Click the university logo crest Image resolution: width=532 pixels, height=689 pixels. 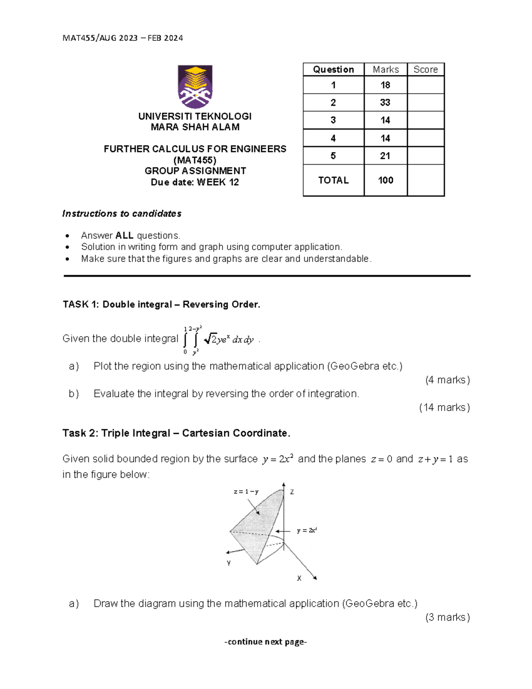(x=195, y=87)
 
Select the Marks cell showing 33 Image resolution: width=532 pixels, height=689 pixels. (x=385, y=102)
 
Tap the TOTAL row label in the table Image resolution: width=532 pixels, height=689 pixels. (x=333, y=180)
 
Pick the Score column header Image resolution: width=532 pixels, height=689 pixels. (x=425, y=70)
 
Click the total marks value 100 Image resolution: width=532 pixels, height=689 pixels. (x=385, y=180)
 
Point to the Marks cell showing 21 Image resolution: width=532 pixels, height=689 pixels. (x=385, y=156)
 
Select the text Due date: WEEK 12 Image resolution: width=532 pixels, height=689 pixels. (x=195, y=182)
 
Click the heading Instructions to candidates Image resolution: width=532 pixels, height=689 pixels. (x=122, y=214)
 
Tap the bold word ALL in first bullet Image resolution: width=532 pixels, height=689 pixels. (x=124, y=236)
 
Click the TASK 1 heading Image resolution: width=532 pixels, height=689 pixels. (x=161, y=304)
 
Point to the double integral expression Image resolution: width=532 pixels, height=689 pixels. (x=218, y=340)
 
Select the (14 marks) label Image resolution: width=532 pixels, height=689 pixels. (x=444, y=407)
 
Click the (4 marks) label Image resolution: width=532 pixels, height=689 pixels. (x=447, y=380)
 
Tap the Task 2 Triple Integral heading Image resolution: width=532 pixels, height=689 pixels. (x=176, y=433)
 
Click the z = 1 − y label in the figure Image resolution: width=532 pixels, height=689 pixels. (x=246, y=492)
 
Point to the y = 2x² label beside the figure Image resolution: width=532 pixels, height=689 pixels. (x=307, y=530)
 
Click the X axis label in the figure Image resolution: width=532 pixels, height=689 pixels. (x=299, y=579)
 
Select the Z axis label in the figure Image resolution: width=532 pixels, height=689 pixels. (x=292, y=492)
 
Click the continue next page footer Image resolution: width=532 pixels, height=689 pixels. (x=266, y=642)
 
